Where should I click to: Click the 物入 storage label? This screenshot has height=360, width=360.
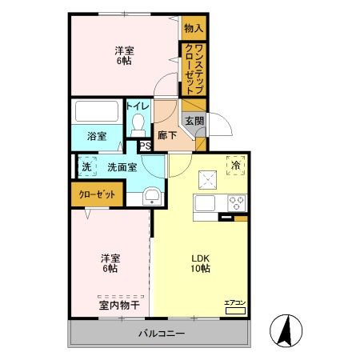click(194, 28)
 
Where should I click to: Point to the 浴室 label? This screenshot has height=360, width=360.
click(96, 136)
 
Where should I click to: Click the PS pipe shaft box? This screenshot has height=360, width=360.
click(145, 146)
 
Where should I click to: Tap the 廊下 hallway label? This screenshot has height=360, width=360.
click(167, 135)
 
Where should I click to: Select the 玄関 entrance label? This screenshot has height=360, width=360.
click(194, 122)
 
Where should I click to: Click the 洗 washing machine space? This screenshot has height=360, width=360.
click(86, 167)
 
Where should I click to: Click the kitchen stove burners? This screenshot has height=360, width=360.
click(238, 201)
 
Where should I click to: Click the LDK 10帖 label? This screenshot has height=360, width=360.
click(200, 263)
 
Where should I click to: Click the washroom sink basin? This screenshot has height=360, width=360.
click(151, 197)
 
